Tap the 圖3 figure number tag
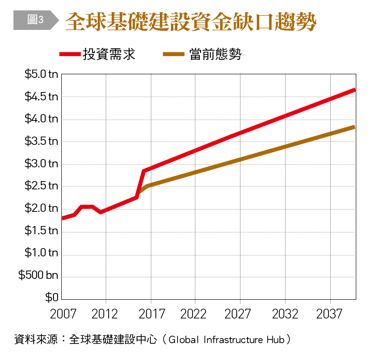coord(35,20)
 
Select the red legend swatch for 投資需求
coord(70,55)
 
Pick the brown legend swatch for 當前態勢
coord(174,55)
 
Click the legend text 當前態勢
coord(215,55)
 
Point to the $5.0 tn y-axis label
coord(41,74)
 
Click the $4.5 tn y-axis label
coord(41,97)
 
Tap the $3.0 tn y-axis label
coord(41,164)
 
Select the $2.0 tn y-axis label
coord(41,208)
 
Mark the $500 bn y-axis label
coord(38,275)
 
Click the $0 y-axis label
coord(52,298)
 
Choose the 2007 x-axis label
coord(63,314)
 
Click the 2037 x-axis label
coord(329,314)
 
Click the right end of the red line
coord(354,90)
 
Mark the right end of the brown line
coord(354,127)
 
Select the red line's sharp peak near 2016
coord(143,171)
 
